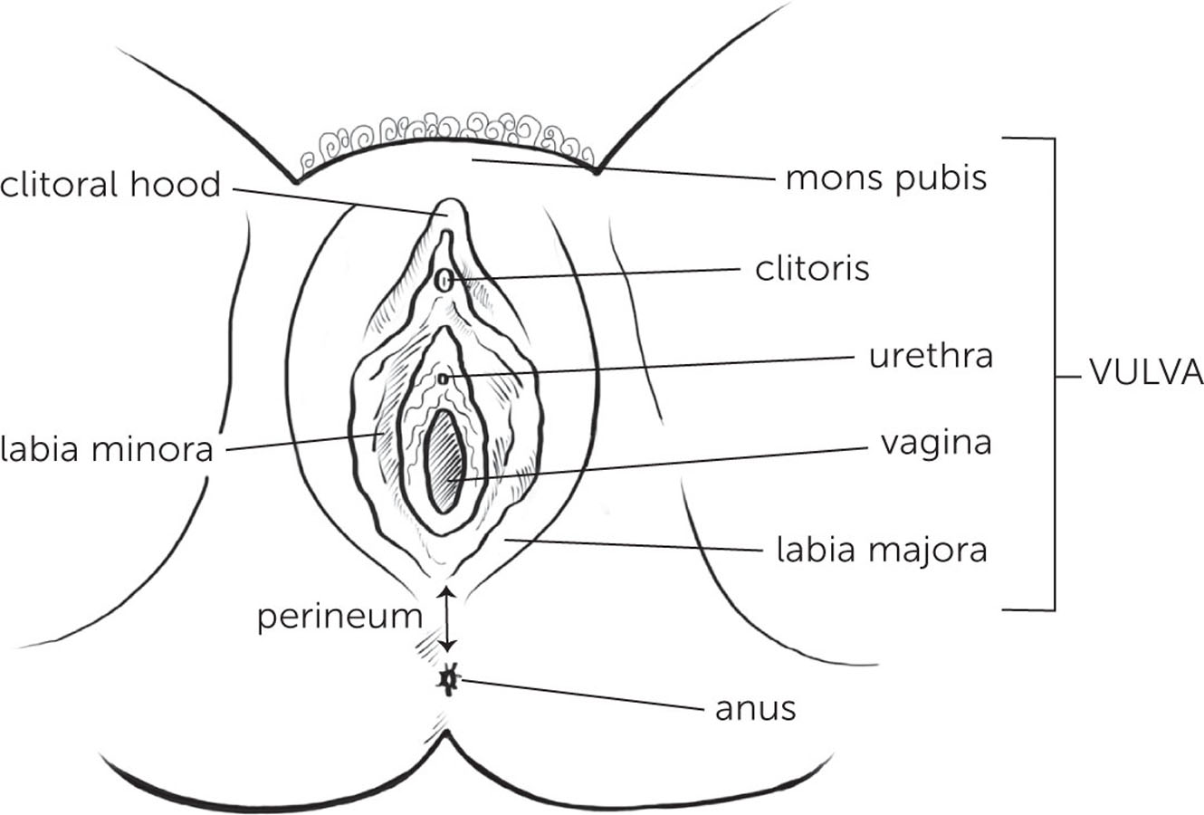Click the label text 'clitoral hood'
pos(110,185)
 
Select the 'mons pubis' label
pos(885,178)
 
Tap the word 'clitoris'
pos(812,268)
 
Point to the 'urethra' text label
pos(931,356)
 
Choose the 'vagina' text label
pos(936,443)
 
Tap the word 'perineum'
pos(339,617)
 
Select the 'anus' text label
pos(755,707)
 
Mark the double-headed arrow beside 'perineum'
pos(446,618)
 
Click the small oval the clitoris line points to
pos(443,281)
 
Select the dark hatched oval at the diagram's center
pos(445,459)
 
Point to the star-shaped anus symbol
pos(446,679)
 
